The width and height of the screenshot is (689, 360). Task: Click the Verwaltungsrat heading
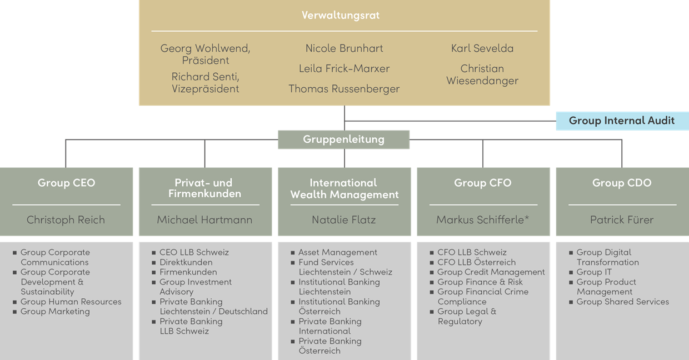point(341,16)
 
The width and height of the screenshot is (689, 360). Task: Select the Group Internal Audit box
point(621,121)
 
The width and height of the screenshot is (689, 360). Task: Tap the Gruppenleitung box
point(343,139)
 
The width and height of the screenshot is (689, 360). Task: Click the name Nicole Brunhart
point(344,48)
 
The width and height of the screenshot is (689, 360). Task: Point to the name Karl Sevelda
point(482,48)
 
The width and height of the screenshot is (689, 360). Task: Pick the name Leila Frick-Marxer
point(344,68)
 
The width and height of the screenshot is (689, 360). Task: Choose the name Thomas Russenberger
point(344,89)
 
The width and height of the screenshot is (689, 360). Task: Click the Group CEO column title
point(66,183)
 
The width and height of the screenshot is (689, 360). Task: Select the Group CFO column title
point(482,183)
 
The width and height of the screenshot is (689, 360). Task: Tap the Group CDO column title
point(621,183)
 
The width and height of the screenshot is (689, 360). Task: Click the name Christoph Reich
point(66,220)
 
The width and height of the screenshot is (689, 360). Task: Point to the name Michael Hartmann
point(204,220)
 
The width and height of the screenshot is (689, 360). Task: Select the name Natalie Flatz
point(343,220)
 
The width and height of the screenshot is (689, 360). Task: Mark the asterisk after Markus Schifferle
point(526,218)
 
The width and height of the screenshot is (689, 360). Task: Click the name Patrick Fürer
point(621,220)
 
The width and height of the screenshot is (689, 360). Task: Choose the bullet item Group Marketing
point(55,312)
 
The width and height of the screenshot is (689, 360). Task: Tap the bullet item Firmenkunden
point(188,272)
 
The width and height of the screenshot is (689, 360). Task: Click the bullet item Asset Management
point(337,252)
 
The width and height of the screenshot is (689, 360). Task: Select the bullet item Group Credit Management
point(491,272)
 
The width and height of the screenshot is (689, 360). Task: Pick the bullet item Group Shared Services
point(622,302)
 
